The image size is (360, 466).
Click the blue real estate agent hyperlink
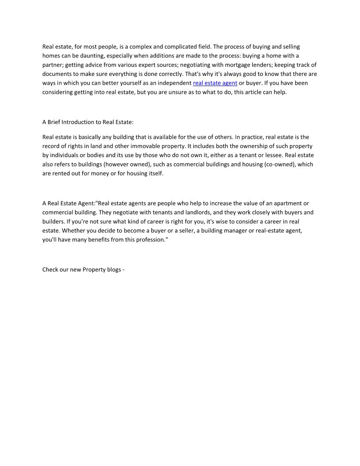tap(215, 83)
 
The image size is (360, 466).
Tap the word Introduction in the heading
tap(79, 122)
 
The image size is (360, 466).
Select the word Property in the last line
tap(95, 269)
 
